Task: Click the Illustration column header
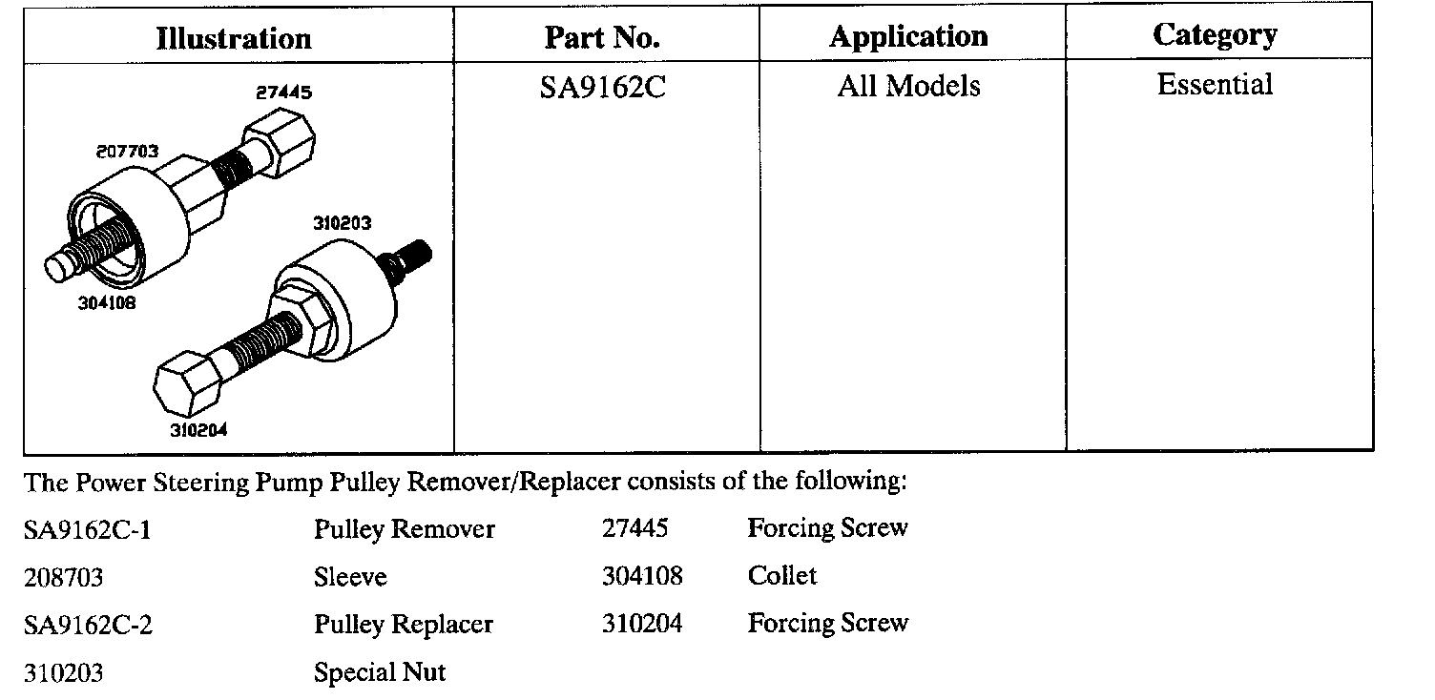pos(234,39)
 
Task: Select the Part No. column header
pos(602,38)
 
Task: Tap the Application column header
pos(908,37)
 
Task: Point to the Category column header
pos(1215,36)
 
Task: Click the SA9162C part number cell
pos(602,88)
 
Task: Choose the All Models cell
pos(908,87)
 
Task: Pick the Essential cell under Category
pos(1215,85)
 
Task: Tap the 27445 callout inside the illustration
pos(283,93)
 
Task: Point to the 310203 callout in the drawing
pos(342,223)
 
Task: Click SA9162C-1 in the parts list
pos(87,530)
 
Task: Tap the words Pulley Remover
pos(404,529)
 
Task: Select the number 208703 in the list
pos(63,578)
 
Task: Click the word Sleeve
pos(350,577)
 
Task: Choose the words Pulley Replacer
pos(403,626)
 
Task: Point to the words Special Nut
pos(379,673)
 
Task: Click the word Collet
pos(782,576)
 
